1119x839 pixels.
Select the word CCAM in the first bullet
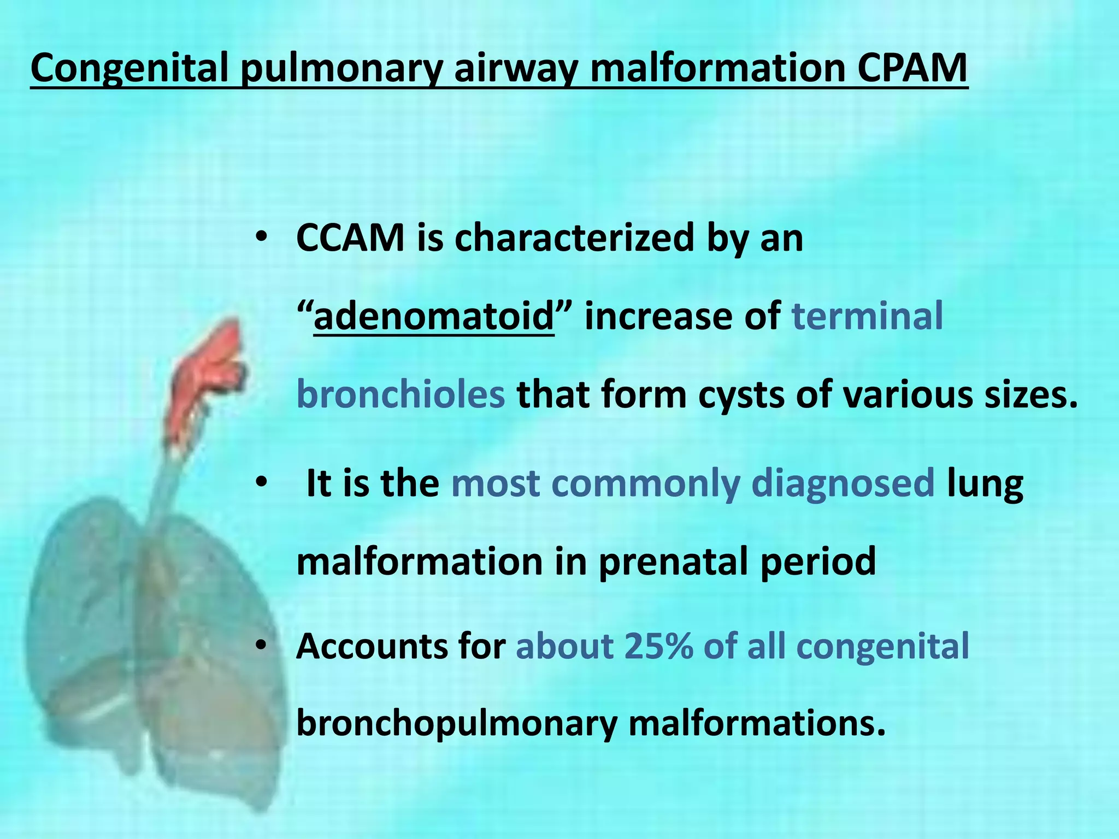350,238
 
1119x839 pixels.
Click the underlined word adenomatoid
434,317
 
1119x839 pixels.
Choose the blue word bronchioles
401,394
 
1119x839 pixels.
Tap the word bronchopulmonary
456,724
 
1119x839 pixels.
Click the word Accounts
370,646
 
